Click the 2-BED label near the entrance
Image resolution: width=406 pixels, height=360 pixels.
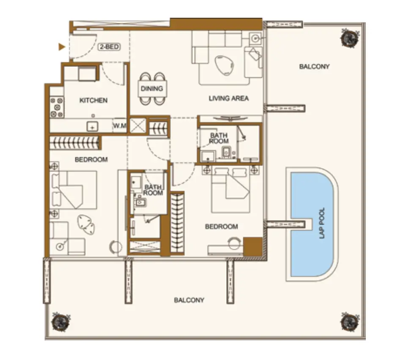coord(109,47)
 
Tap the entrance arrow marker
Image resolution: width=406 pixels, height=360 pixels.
coord(62,47)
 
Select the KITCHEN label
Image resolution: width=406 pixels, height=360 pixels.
coord(93,101)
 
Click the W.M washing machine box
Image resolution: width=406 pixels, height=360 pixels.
coord(120,126)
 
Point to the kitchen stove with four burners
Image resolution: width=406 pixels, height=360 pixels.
coord(57,107)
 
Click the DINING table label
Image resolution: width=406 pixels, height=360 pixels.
coord(152,89)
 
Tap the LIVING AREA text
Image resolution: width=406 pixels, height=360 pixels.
coord(228,98)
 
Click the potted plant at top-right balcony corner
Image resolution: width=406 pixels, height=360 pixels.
coord(350,38)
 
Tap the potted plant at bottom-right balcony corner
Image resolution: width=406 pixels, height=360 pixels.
coord(350,322)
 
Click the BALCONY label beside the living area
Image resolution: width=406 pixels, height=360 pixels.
coord(314,66)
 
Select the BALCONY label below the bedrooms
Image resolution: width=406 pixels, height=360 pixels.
coord(189,300)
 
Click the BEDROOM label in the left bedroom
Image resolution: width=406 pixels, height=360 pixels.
coord(91,160)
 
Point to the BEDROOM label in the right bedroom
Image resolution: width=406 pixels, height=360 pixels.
coord(221,226)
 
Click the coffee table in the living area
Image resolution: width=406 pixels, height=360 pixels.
coord(224,65)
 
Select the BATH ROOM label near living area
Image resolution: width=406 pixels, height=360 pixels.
coord(219,138)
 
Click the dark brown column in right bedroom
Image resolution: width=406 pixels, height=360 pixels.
coord(252,246)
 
